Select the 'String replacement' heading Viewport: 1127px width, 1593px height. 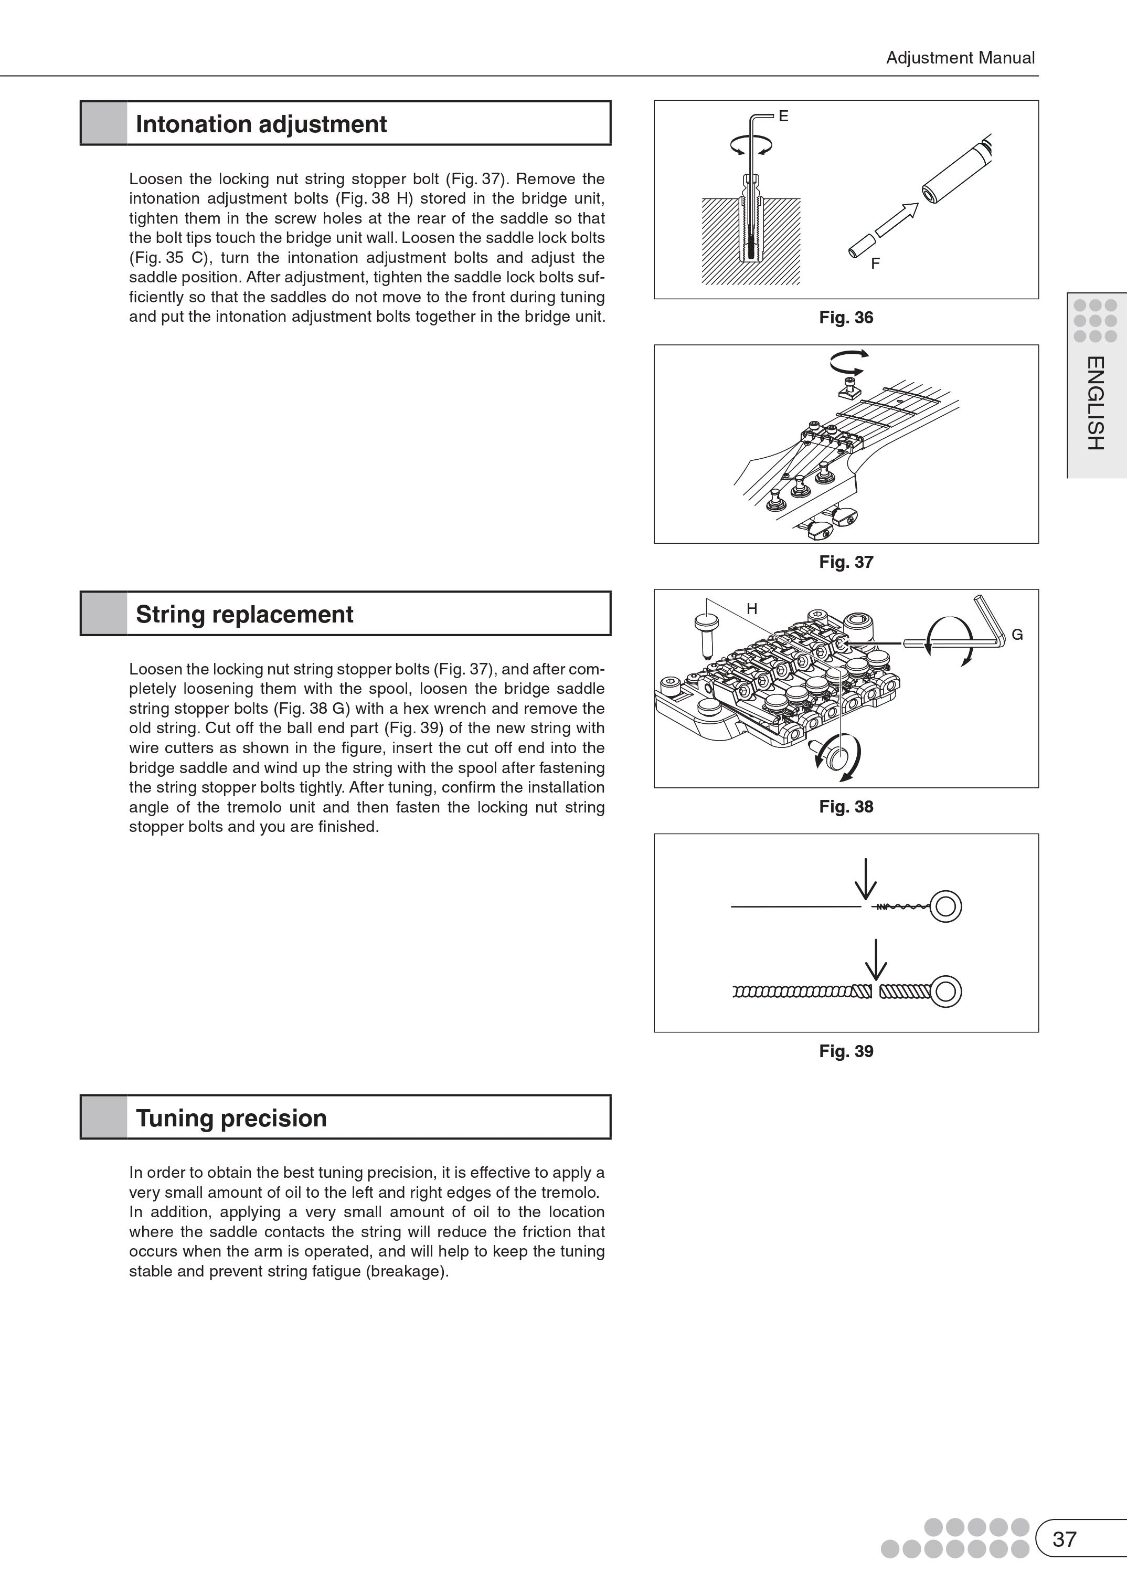(x=244, y=614)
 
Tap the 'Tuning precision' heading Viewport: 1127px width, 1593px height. (x=231, y=1118)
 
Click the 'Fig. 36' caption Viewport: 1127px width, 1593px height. (x=846, y=318)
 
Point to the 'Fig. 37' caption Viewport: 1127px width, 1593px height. (x=846, y=562)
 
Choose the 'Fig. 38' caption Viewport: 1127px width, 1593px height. (x=846, y=807)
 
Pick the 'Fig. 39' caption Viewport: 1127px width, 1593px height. (x=846, y=1051)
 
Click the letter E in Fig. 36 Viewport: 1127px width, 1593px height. (x=783, y=117)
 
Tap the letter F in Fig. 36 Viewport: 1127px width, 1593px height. (x=875, y=264)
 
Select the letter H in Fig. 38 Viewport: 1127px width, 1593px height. (x=751, y=609)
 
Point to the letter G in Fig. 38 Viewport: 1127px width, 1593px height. (x=1017, y=635)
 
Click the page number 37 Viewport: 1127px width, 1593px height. (x=1065, y=1539)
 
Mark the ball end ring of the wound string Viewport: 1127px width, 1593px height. (x=945, y=991)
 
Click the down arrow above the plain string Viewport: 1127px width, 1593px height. (x=865, y=879)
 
